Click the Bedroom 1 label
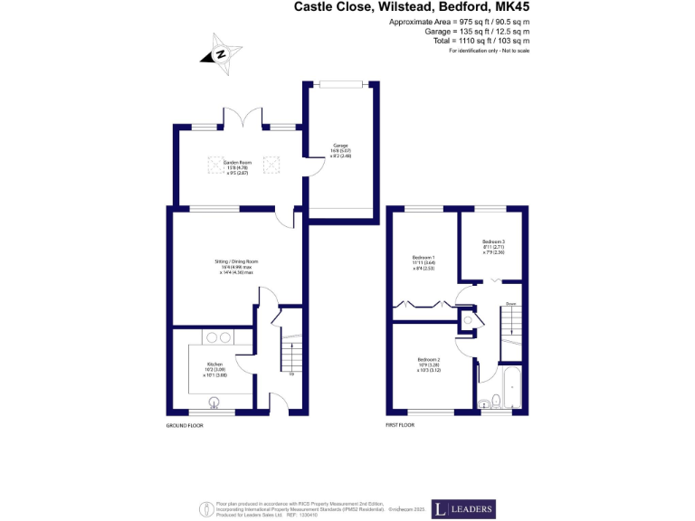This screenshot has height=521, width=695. pyautogui.click(x=423, y=261)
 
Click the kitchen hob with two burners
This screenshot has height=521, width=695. pyautogui.click(x=218, y=338)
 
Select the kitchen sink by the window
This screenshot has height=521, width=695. pyautogui.click(x=216, y=405)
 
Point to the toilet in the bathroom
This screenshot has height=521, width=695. pyautogui.click(x=484, y=404)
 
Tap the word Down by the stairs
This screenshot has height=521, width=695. pyautogui.click(x=510, y=303)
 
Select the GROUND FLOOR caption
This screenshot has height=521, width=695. pyautogui.click(x=185, y=424)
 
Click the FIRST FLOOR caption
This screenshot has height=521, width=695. pyautogui.click(x=399, y=424)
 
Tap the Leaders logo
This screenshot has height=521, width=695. pyautogui.click(x=462, y=508)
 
